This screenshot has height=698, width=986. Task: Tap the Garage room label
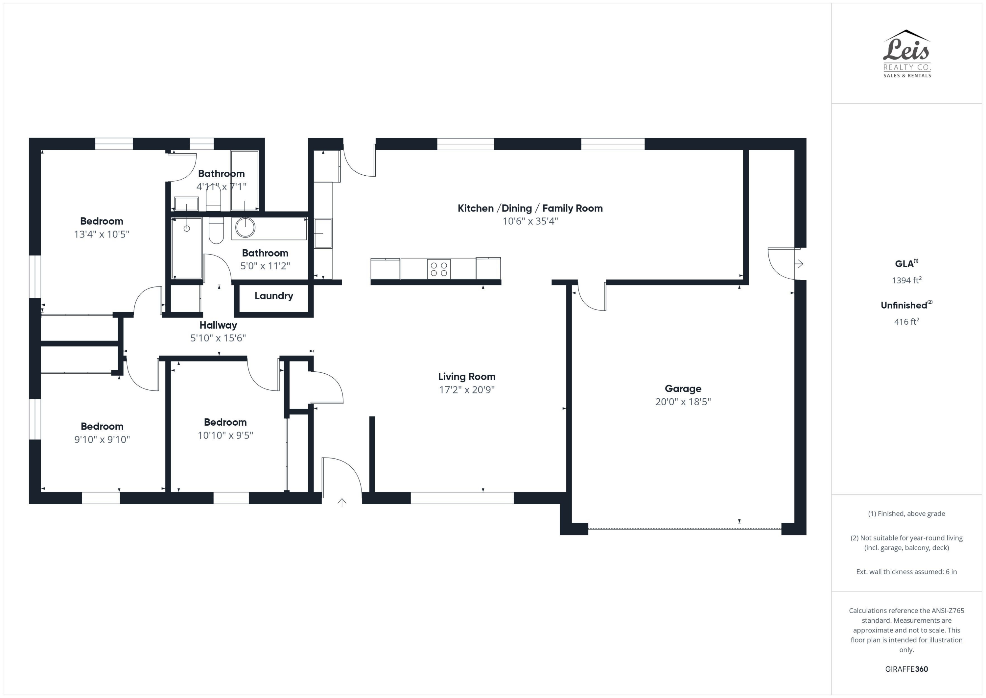(683, 388)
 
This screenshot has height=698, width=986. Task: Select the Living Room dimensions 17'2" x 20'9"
(467, 390)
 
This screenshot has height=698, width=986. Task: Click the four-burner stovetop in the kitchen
(438, 269)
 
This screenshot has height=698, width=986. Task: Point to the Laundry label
(273, 296)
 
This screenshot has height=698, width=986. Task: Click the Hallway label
(218, 325)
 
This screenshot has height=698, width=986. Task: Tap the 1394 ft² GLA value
(906, 280)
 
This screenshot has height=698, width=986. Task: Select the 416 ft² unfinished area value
(906, 321)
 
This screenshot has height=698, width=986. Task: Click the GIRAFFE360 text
(906, 669)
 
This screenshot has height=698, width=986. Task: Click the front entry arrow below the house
(342, 502)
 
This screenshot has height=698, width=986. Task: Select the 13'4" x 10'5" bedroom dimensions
(102, 234)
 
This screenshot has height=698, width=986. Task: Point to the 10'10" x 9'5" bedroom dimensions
(225, 436)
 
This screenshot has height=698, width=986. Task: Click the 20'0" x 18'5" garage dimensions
(683, 402)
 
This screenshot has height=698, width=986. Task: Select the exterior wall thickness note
(906, 572)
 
